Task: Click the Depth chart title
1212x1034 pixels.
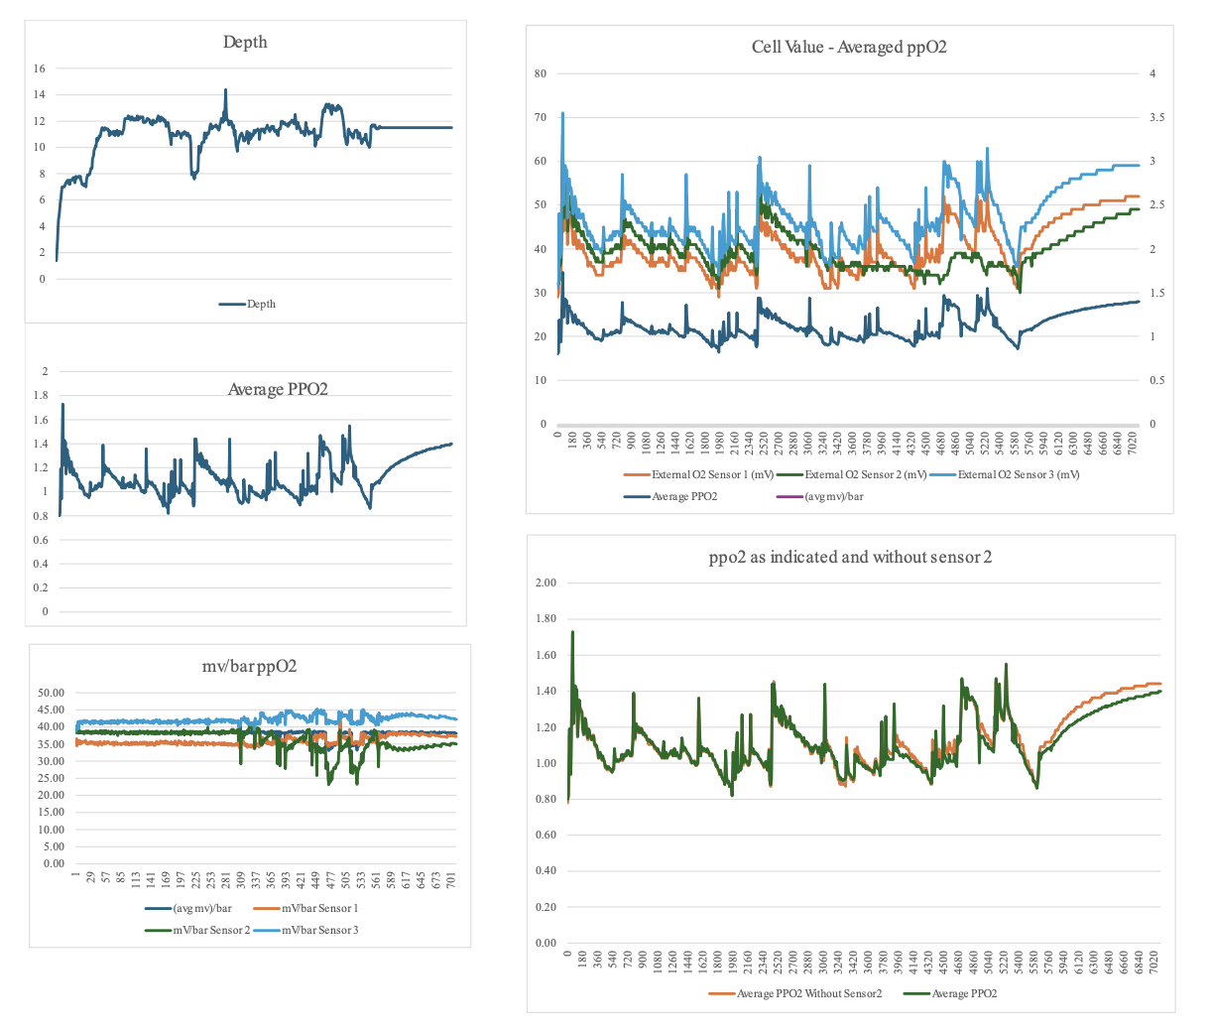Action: [x=245, y=42]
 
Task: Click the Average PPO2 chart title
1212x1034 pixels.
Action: [x=278, y=389]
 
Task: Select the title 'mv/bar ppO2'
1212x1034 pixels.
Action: [x=249, y=666]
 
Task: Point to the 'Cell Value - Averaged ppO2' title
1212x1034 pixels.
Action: [x=849, y=47]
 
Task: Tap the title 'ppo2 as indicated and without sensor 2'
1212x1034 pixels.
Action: [x=850, y=557]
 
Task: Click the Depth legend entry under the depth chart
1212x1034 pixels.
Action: [x=248, y=304]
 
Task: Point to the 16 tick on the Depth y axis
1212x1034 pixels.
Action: [x=39, y=68]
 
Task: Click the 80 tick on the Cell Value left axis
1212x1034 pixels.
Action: [x=541, y=73]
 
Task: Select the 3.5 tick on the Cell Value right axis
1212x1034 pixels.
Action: [x=1156, y=117]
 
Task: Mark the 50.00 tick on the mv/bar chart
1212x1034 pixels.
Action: [x=51, y=693]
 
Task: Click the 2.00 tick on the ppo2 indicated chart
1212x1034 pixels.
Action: [x=545, y=582]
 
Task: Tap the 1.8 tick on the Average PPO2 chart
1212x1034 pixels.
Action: [x=41, y=395]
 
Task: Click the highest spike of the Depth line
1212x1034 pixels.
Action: [x=225, y=90]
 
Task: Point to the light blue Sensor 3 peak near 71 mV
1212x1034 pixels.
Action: [x=562, y=113]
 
